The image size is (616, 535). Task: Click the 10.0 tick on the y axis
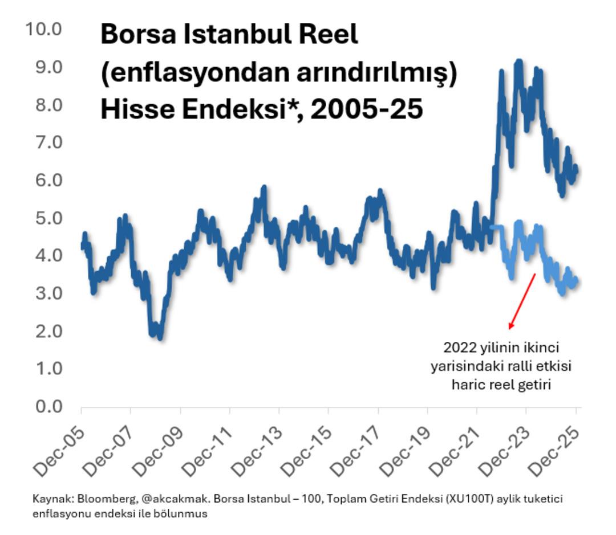pyautogui.click(x=43, y=28)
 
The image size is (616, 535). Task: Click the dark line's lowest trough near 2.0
pyautogui.click(x=160, y=337)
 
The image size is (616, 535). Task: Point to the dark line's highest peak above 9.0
pyautogui.click(x=518, y=61)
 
